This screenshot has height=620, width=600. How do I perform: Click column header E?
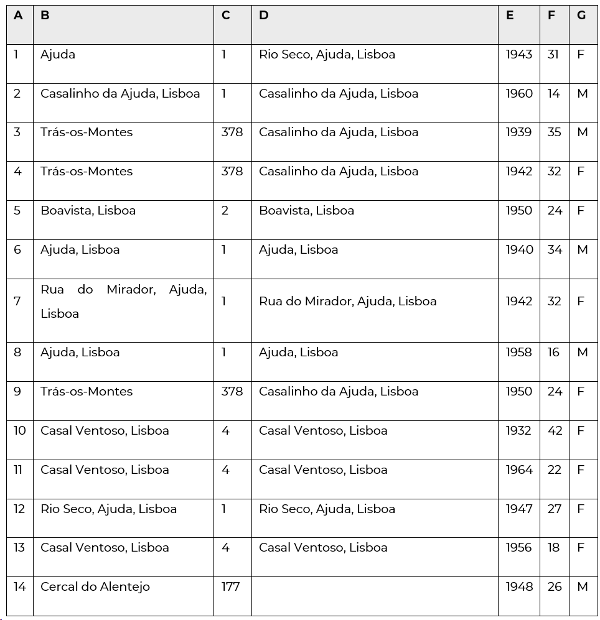510,16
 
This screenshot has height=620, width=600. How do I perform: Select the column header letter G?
581,16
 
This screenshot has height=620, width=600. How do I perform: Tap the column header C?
225,16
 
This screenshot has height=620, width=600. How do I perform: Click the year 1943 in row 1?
518,54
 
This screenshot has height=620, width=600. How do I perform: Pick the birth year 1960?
518,93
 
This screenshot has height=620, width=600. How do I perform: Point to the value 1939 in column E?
518,132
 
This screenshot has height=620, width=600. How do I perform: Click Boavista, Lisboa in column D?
306,210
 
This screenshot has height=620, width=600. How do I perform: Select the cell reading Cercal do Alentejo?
95,586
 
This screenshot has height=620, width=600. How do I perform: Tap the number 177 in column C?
230,586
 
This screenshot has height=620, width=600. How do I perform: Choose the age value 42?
555,430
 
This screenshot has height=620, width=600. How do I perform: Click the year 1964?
518,470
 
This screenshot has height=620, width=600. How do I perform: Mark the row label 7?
17,301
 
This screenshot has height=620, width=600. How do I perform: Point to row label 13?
19,547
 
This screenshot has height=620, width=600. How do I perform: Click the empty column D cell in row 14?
374,596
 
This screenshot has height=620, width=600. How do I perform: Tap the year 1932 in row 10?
518,430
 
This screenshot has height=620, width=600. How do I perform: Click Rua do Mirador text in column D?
347,301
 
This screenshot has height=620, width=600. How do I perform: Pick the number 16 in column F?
554,352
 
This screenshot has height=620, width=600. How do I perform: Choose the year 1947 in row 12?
518,509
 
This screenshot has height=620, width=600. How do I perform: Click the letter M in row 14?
583,586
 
